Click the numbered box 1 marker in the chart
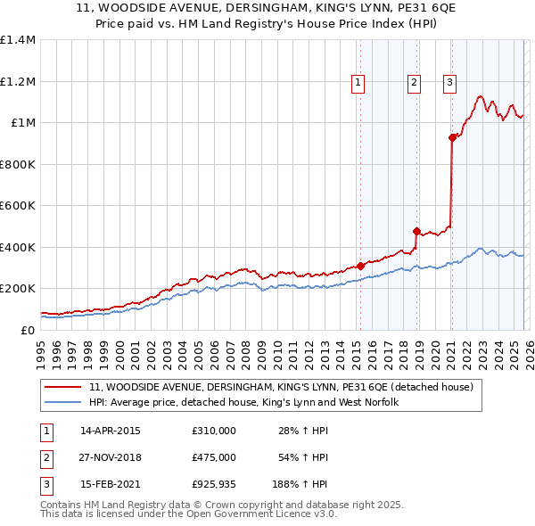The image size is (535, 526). pos(358,83)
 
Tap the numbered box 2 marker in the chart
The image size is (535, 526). pos(415,83)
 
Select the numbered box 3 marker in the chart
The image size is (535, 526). pos(449,83)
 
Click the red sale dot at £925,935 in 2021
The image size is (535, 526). pos(452,137)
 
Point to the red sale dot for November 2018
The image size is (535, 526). pos(416,231)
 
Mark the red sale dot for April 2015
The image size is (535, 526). pos(360,266)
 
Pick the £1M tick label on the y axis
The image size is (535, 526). pos(23,123)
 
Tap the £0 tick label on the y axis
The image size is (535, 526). pos(29,330)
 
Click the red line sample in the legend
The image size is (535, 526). pos(63,388)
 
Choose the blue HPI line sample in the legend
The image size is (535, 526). pos(63,403)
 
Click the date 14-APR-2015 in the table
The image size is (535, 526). pos(111,431)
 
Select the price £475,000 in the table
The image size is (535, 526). pos(214,457)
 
